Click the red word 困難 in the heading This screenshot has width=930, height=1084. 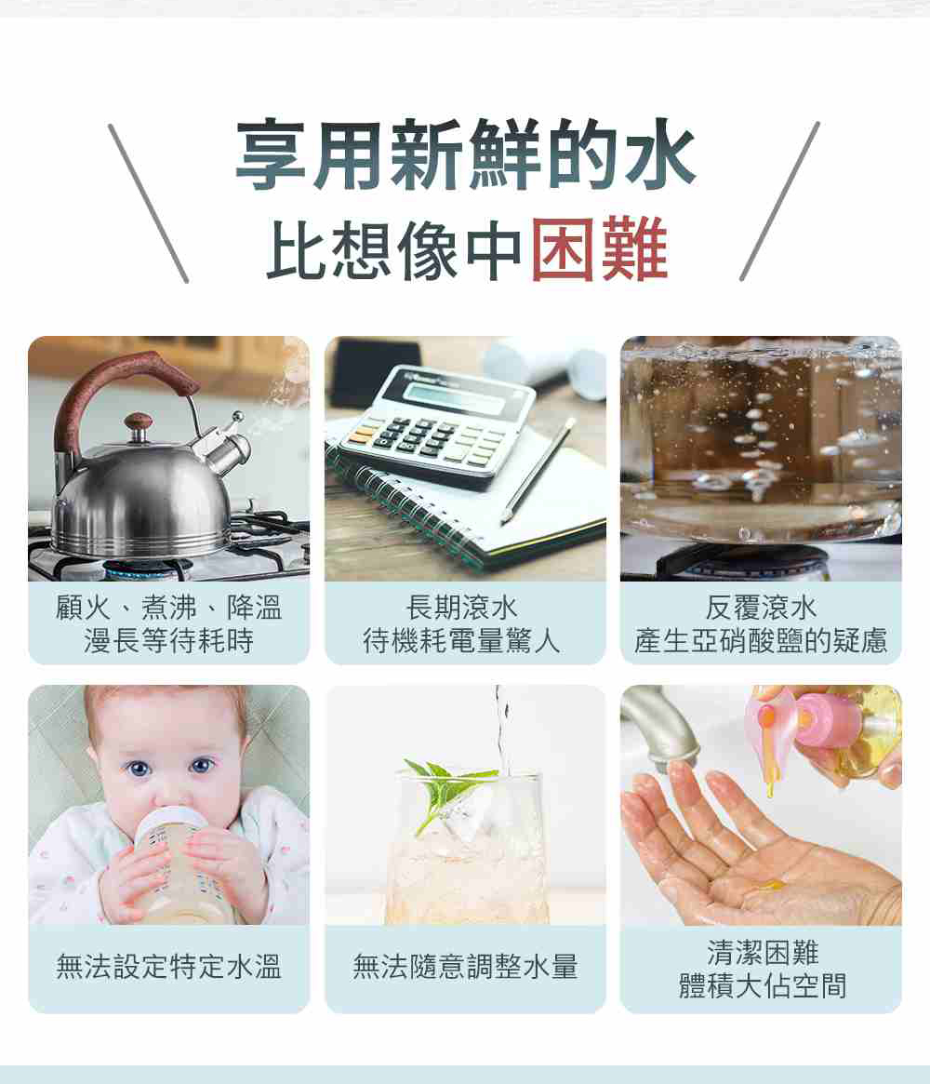[x=599, y=248]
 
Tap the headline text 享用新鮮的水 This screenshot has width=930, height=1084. [x=465, y=154]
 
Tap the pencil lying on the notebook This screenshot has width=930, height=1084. [x=538, y=470]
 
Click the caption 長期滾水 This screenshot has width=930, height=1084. [x=461, y=609]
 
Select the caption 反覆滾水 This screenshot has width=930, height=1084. [x=761, y=609]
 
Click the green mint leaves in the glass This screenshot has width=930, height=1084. [x=446, y=788]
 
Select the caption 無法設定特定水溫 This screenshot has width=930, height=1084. [x=168, y=967]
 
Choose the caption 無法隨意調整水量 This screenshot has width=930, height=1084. [x=465, y=967]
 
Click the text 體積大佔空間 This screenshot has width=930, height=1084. [x=762, y=985]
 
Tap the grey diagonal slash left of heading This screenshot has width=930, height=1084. [x=148, y=203]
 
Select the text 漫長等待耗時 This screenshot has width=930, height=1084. [x=168, y=641]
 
